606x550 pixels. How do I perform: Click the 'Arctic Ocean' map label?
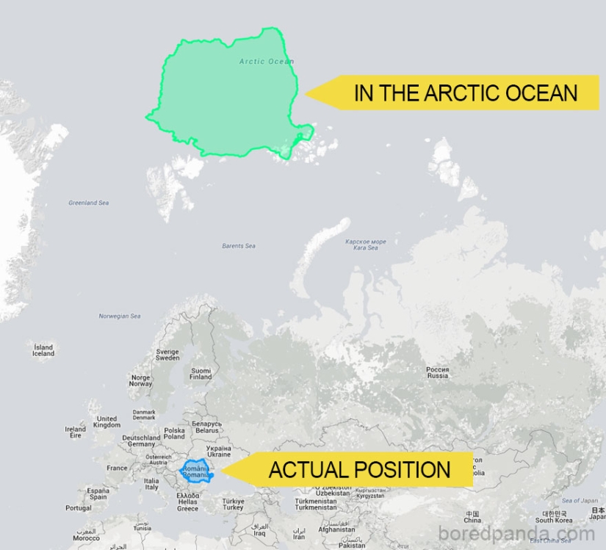[x=266, y=62]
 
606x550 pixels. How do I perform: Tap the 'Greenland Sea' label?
[x=88, y=203]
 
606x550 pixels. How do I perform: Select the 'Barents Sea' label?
[x=239, y=246]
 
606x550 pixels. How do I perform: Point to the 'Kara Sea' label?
[x=365, y=245]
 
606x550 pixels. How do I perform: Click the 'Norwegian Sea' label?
[x=120, y=316]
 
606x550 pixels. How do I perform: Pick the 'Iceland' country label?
[x=43, y=350]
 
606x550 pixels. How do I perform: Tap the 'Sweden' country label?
[x=167, y=355]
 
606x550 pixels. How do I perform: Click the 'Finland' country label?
[x=201, y=374]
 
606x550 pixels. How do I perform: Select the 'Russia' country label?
[x=438, y=372]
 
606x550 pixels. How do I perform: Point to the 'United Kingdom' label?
[x=107, y=421]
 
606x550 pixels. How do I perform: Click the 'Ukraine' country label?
[x=218, y=451]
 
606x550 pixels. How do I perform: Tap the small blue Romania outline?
[x=196, y=471]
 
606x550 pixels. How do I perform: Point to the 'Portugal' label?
[x=78, y=508]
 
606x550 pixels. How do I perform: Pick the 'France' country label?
[x=117, y=468]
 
